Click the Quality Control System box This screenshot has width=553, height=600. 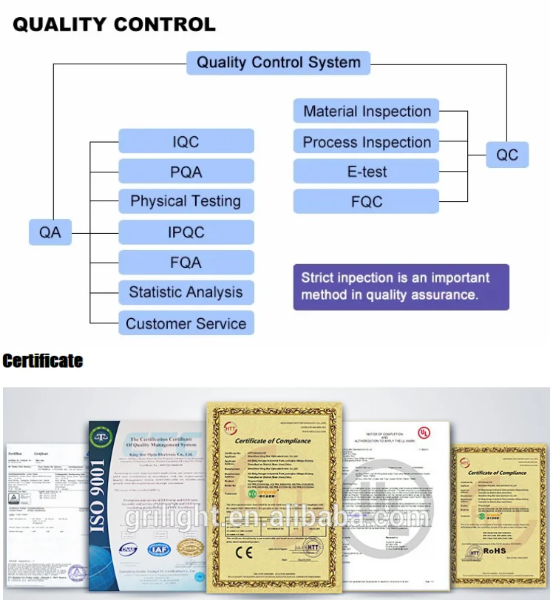(x=278, y=62)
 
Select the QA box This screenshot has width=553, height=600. (x=50, y=232)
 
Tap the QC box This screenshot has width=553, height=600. (x=507, y=155)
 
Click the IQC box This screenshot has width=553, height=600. (x=186, y=141)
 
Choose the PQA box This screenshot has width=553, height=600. (x=186, y=172)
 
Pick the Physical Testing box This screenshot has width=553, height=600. (x=186, y=201)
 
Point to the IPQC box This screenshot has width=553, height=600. (x=186, y=232)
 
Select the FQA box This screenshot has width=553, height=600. (x=186, y=262)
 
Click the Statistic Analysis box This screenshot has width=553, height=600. (x=186, y=292)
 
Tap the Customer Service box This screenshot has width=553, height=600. (x=186, y=323)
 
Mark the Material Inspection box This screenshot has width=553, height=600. (x=367, y=112)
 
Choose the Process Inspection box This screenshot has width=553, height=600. (x=367, y=142)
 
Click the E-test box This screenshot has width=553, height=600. (x=367, y=172)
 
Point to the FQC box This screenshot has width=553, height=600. (x=367, y=201)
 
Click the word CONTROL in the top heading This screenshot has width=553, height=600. (x=163, y=24)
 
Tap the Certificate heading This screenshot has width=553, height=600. (x=42, y=361)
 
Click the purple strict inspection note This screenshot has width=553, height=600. (x=401, y=286)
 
